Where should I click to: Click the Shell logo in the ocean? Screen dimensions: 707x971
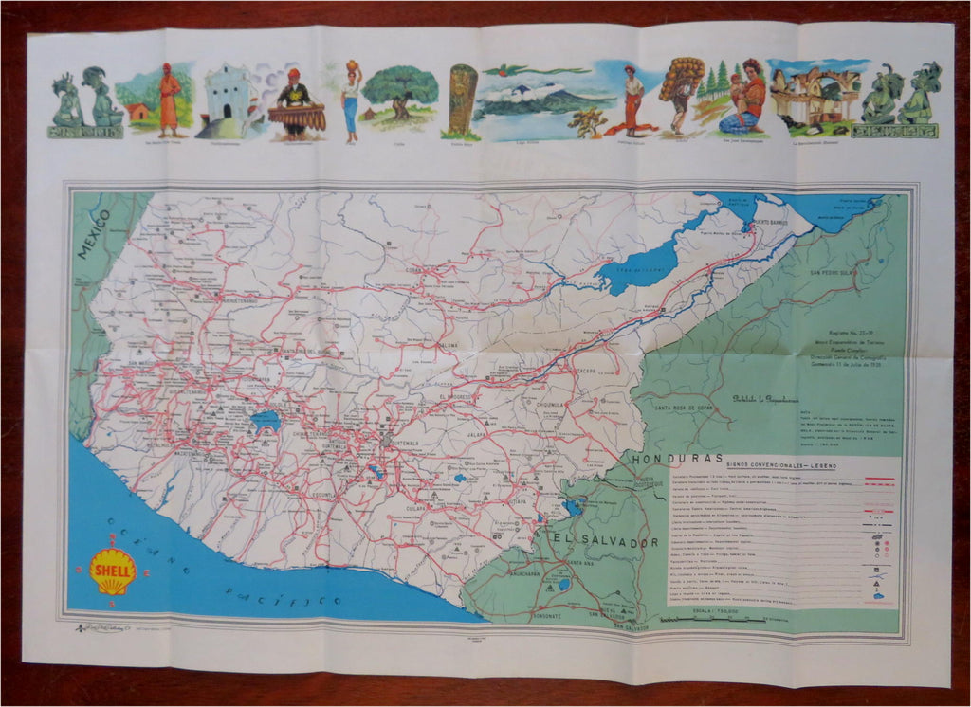click(x=113, y=571)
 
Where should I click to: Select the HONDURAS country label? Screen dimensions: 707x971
click(x=681, y=458)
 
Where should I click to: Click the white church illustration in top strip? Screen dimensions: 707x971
click(x=227, y=98)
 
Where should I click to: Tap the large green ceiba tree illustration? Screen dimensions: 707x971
click(x=400, y=93)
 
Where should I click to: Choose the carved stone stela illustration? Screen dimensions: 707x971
click(x=463, y=99)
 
